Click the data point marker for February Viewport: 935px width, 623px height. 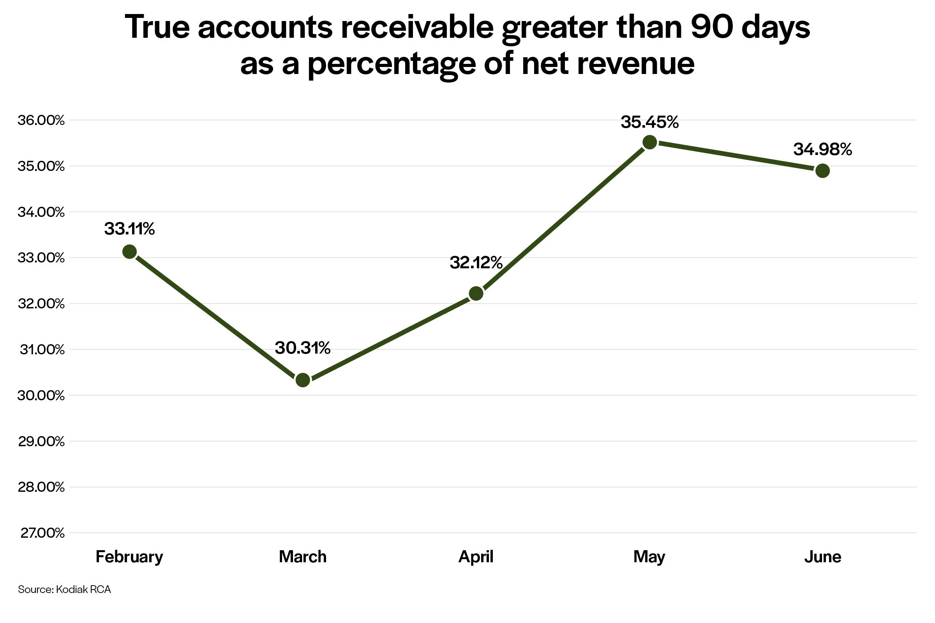(x=130, y=252)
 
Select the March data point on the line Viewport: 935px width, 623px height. (x=303, y=380)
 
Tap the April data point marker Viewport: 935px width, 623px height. (x=476, y=294)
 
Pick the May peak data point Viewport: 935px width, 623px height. (x=649, y=142)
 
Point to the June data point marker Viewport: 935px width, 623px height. (x=822, y=171)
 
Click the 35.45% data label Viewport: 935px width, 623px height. (x=649, y=122)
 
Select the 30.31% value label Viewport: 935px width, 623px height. (x=303, y=348)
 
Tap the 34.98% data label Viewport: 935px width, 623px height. (x=822, y=150)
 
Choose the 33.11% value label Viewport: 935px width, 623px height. (x=130, y=229)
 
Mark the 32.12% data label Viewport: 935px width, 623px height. (x=476, y=262)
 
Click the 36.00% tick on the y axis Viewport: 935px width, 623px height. (x=41, y=120)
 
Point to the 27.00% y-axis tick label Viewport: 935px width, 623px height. (x=42, y=533)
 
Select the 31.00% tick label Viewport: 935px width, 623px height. (x=42, y=350)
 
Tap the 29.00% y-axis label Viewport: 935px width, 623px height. (x=41, y=441)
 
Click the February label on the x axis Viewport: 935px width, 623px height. (x=130, y=557)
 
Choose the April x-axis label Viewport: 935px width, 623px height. (x=476, y=557)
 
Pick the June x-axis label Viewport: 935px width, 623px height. (x=822, y=557)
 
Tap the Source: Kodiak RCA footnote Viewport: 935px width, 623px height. (x=64, y=589)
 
